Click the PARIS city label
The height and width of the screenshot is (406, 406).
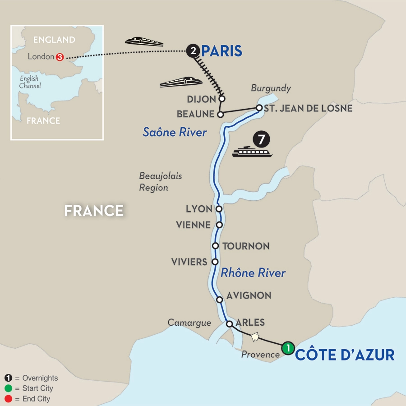pyautogui.click(x=221, y=51)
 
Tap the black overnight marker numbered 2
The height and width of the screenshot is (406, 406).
pyautogui.click(x=193, y=51)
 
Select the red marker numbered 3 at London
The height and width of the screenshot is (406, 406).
pyautogui.click(x=60, y=57)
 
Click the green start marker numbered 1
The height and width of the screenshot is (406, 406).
pyautogui.click(x=287, y=348)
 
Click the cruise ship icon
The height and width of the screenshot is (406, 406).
pyautogui.click(x=252, y=152)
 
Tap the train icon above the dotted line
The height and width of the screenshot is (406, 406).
pyautogui.click(x=144, y=42)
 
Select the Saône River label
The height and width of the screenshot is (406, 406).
pyautogui.click(x=175, y=132)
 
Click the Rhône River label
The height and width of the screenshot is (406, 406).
pyautogui.click(x=253, y=273)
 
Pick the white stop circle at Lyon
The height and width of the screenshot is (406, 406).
pyautogui.click(x=219, y=209)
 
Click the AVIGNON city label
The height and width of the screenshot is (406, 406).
pyautogui.click(x=249, y=296)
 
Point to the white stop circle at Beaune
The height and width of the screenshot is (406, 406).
pyautogui.click(x=220, y=115)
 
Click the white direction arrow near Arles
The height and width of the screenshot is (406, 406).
pyautogui.click(x=255, y=336)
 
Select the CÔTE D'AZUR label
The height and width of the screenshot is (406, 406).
pyautogui.click(x=345, y=355)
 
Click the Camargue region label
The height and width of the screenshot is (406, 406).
pyautogui.click(x=189, y=323)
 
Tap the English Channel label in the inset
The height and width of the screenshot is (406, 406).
pyautogui.click(x=30, y=82)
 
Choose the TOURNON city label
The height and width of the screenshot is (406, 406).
pyautogui.click(x=246, y=246)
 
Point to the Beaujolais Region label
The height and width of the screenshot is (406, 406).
pyautogui.click(x=161, y=181)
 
